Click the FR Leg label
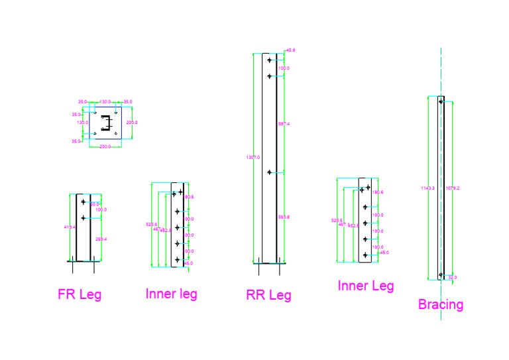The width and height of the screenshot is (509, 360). click(x=80, y=294)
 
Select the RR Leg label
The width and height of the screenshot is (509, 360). click(x=268, y=295)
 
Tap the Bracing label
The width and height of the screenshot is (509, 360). click(x=440, y=304)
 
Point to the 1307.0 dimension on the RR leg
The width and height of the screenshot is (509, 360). click(x=253, y=157)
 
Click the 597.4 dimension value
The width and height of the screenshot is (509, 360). click(x=284, y=124)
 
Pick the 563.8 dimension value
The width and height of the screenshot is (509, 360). click(x=284, y=217)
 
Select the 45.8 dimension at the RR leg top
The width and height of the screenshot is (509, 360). click(x=290, y=50)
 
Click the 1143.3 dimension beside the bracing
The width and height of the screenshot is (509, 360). click(x=427, y=188)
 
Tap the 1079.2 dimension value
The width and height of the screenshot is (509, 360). click(x=453, y=188)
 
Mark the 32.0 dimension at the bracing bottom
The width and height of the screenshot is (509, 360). click(x=453, y=277)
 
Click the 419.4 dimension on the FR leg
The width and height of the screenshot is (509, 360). click(x=70, y=227)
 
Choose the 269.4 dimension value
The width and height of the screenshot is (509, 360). click(x=101, y=239)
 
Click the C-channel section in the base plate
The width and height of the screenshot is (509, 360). click(x=105, y=122)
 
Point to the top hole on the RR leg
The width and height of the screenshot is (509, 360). click(x=269, y=60)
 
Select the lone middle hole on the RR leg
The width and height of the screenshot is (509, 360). click(x=269, y=172)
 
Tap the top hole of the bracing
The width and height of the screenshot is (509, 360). click(x=441, y=101)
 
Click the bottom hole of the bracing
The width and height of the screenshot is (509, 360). click(x=441, y=274)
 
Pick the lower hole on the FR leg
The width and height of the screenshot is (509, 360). click(x=83, y=217)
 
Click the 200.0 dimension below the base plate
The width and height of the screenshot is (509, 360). click(x=105, y=146)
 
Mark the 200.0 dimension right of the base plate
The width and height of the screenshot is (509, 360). click(x=132, y=123)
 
